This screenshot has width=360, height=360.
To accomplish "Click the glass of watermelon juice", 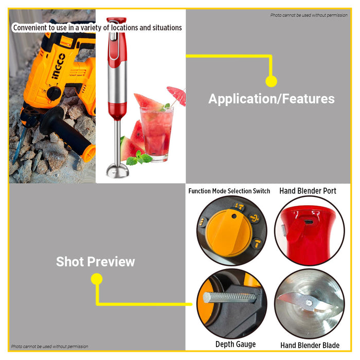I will [x=156, y=131].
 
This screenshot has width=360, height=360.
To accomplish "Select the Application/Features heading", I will [x=271, y=99].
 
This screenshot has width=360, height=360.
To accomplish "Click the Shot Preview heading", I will [x=95, y=261].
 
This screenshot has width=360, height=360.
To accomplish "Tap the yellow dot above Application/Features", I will [x=271, y=81].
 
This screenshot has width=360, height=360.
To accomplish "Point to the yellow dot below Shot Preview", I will [x=96, y=279].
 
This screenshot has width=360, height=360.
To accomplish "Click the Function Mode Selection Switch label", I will [x=229, y=191].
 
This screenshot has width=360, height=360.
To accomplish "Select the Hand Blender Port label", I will [x=308, y=191].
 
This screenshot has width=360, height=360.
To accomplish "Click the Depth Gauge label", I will [x=235, y=344].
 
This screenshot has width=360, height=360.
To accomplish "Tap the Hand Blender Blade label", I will [x=310, y=345].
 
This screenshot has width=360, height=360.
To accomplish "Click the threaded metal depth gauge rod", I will [x=229, y=297].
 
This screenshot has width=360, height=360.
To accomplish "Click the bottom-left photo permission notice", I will [x=49, y=347].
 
